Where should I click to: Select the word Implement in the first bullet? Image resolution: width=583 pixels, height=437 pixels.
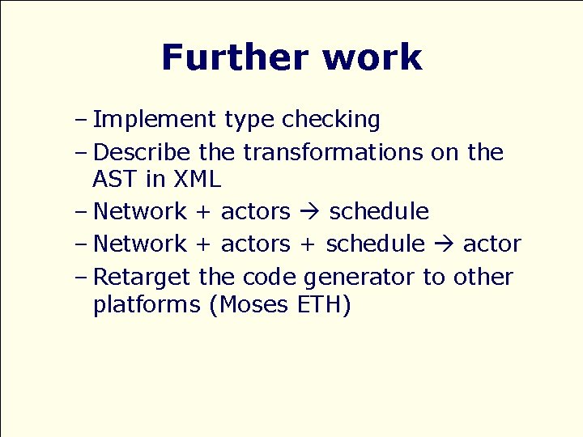pyautogui.click(x=155, y=121)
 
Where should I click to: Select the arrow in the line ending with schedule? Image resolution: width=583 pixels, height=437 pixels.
pyautogui.click(x=309, y=212)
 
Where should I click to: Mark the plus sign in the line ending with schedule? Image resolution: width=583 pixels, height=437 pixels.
pyautogui.click(x=203, y=212)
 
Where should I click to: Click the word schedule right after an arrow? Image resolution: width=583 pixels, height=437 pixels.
pyautogui.click(x=378, y=212)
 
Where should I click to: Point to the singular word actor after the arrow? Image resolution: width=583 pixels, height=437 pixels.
pyautogui.click(x=492, y=244)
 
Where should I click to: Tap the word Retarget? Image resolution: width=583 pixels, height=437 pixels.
pyautogui.click(x=142, y=278)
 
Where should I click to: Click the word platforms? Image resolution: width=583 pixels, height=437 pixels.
pyautogui.click(x=147, y=306)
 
